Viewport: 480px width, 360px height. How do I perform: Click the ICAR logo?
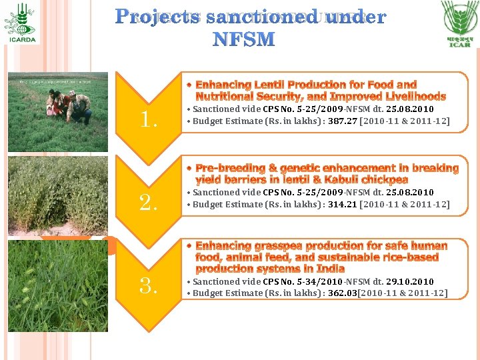click(459, 23)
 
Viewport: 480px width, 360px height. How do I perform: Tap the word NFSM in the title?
click(243, 39)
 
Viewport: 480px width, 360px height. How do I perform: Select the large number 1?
click(148, 120)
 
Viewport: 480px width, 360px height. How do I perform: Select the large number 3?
click(148, 287)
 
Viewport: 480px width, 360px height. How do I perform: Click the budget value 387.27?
click(342, 121)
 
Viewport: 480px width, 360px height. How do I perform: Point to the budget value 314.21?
click(342, 205)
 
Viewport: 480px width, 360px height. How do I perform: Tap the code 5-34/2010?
click(312, 282)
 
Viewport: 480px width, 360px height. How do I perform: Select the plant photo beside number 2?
click(58, 194)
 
